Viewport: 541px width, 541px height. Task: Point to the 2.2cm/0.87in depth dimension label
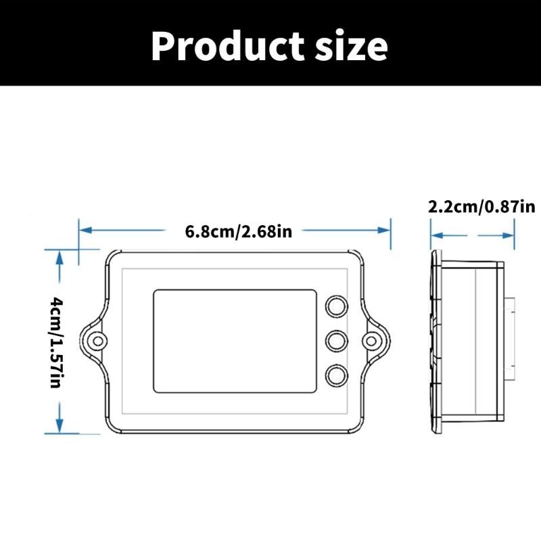[481, 207]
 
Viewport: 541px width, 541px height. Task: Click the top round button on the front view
[336, 307]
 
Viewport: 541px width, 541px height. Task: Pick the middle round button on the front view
[336, 341]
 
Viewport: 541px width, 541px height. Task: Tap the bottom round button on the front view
[336, 375]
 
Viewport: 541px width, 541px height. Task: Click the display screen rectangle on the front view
[235, 341]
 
